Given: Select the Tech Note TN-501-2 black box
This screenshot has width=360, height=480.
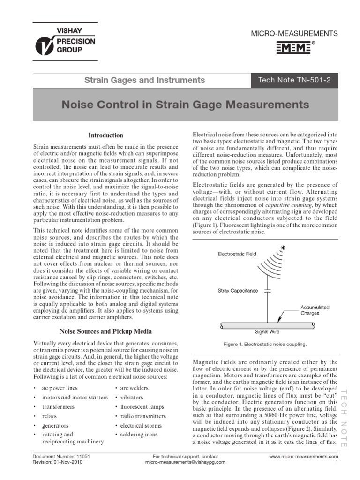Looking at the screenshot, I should (294, 80).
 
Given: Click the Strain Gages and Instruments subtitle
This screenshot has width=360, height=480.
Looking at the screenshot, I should (144, 80).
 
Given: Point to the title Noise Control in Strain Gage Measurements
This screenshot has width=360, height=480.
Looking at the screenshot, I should (186, 105).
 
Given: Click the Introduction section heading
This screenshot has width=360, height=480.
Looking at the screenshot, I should (106, 135).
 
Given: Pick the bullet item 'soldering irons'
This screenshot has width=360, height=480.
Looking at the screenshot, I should (139, 435).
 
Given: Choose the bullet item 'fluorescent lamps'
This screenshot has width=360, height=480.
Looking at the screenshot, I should (142, 407).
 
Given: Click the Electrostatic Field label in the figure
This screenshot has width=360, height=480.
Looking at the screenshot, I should (237, 254).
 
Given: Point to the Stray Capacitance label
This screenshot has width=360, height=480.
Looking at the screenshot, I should (238, 291).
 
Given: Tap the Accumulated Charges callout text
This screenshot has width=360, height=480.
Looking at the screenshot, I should (315, 310).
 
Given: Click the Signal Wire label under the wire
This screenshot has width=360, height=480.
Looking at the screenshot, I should (268, 332).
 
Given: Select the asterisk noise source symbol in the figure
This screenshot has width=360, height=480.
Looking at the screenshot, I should (283, 247).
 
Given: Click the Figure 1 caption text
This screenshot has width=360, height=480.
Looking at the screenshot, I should (265, 345).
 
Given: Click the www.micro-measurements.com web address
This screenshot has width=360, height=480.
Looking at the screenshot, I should (304, 456).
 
